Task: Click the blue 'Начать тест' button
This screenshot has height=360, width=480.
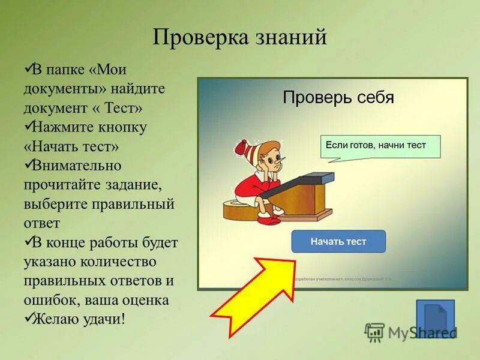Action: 338,241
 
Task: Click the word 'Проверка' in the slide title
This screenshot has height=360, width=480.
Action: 200,37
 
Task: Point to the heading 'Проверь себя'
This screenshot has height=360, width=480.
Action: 338,97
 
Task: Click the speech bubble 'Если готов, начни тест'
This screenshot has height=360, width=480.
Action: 380,146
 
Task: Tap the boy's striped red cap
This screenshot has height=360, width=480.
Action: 245,148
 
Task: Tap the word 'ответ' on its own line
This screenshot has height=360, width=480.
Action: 42,223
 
